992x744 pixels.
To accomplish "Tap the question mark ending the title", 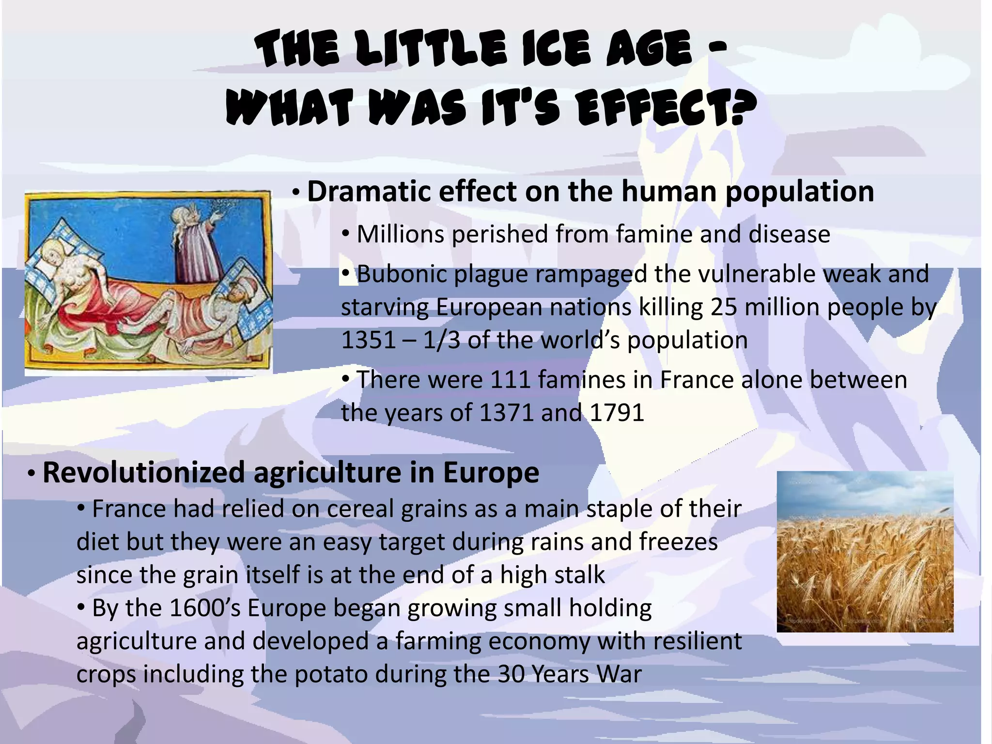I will pyautogui.click(x=742, y=108).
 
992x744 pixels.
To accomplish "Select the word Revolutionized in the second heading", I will pyautogui.click(x=143, y=473).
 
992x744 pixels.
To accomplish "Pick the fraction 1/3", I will pyautogui.click(x=441, y=340).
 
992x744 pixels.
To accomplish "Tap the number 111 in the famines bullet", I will pyautogui.click(x=510, y=380).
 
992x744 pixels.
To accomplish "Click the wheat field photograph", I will pyautogui.click(x=865, y=552).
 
